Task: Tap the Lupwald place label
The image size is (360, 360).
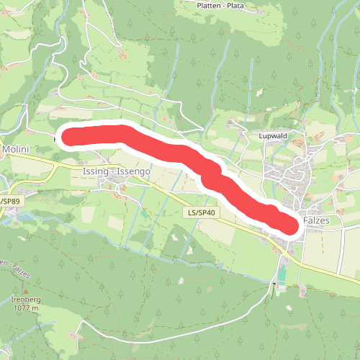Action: coord(273,135)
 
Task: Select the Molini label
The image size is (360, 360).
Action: coord(14,149)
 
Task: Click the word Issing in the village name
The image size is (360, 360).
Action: coord(96,173)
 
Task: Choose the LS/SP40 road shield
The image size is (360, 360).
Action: coord(202,213)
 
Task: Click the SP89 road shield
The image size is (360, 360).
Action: coord(8,201)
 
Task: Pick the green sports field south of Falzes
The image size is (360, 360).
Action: coord(282,274)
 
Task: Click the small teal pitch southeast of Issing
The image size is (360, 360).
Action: coord(143,213)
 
